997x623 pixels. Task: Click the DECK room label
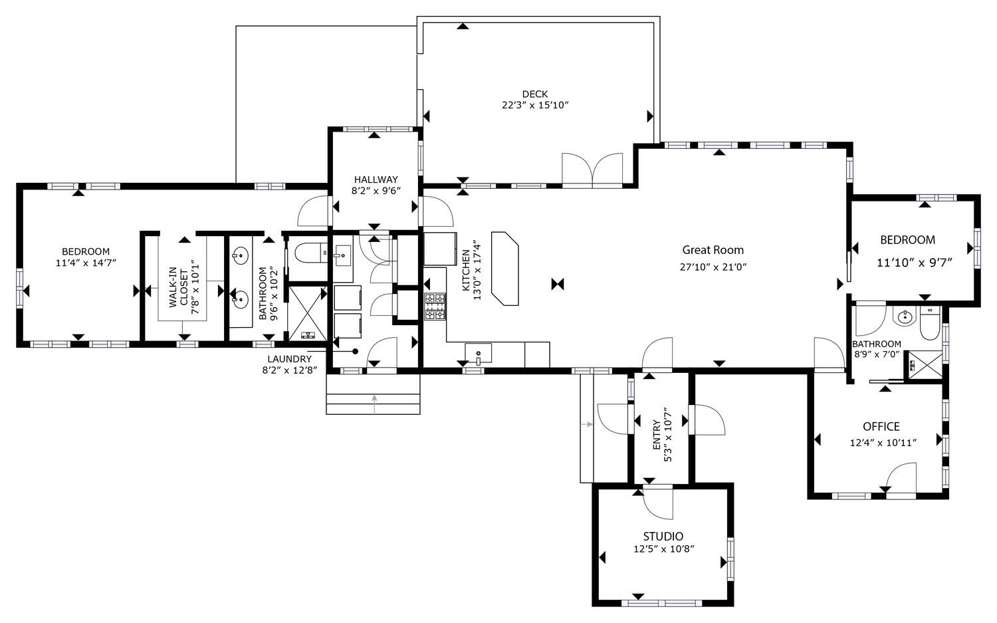click(535, 94)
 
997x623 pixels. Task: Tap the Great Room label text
click(713, 250)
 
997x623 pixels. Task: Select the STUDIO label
click(663, 537)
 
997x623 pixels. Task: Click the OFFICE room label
click(881, 426)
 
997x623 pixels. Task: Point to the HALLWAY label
click(376, 180)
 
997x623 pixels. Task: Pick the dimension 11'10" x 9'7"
click(915, 262)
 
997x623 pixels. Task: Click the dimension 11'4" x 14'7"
click(86, 263)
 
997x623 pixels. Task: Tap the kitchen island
click(505, 268)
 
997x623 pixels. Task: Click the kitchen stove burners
click(435, 306)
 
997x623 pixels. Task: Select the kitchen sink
click(478, 352)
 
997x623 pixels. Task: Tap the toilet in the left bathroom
click(310, 253)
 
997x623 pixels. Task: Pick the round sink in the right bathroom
click(905, 317)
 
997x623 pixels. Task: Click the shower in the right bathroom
click(925, 364)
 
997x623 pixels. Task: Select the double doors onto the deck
click(592, 169)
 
